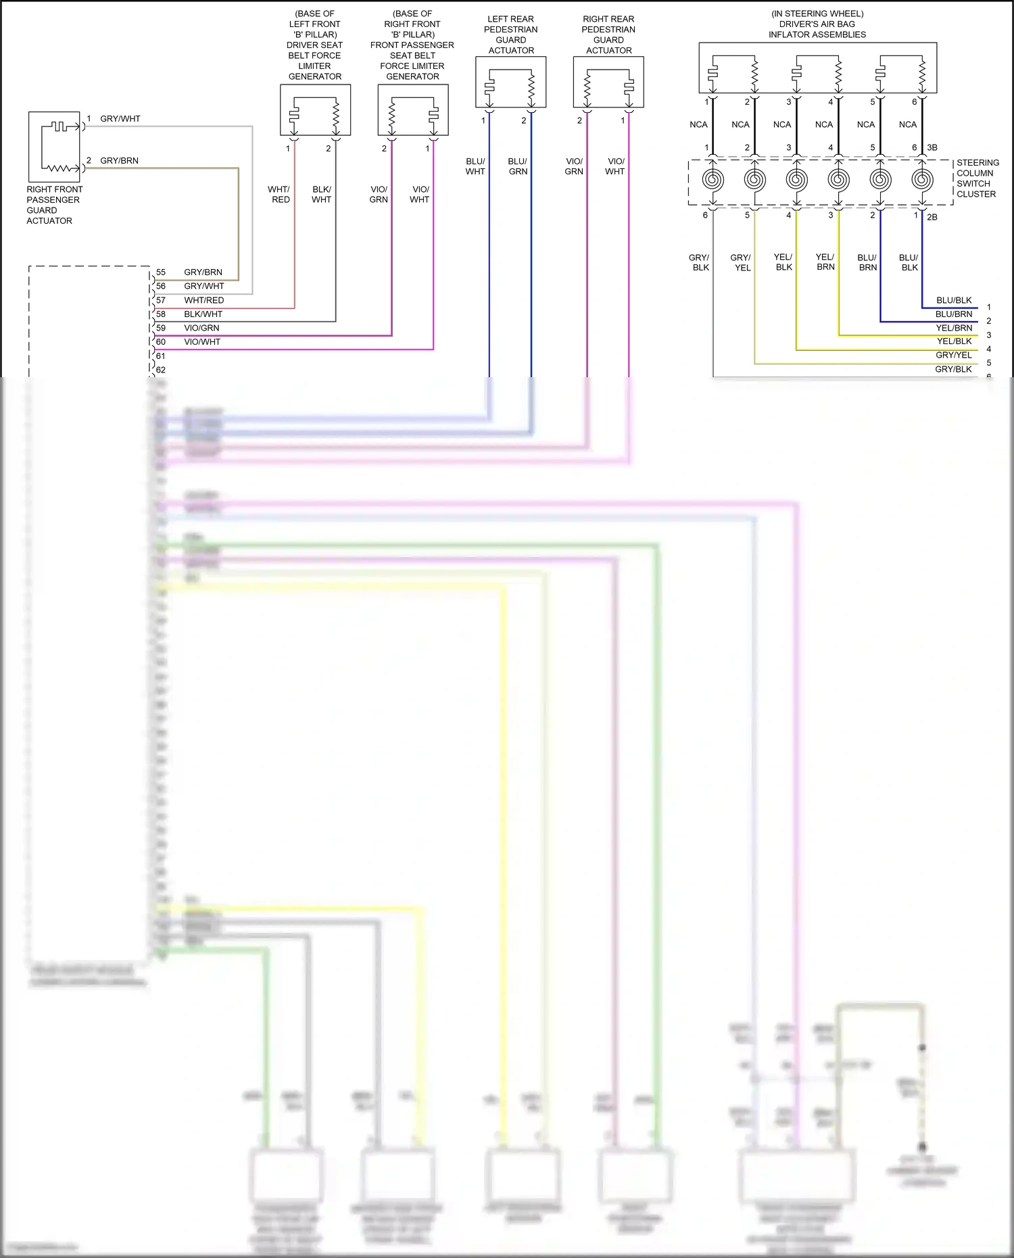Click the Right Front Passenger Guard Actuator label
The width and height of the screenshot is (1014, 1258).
click(x=54, y=205)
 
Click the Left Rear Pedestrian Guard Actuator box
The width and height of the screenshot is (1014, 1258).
click(x=510, y=82)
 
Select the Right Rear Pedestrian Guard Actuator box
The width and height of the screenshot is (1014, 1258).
click(x=608, y=82)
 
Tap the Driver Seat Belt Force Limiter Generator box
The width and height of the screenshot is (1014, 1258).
click(x=315, y=110)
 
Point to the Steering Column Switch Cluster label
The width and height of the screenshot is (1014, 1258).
click(x=977, y=178)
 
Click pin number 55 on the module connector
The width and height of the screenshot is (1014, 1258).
click(x=161, y=272)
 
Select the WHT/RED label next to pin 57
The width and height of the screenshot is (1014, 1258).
click(x=203, y=300)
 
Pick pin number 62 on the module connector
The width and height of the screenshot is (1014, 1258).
click(x=161, y=370)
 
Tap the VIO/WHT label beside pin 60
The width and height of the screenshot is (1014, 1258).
click(x=202, y=342)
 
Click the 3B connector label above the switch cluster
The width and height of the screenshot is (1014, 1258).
click(x=932, y=147)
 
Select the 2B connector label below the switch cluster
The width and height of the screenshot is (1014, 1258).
click(x=932, y=217)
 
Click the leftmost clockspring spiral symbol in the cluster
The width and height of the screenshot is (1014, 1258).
click(x=713, y=180)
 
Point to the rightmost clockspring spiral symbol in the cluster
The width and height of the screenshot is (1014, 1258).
click(x=922, y=180)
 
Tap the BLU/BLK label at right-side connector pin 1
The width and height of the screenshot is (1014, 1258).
click(x=954, y=300)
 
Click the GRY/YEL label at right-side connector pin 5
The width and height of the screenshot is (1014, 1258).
click(x=953, y=355)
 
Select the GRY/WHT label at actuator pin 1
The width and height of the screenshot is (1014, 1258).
click(x=120, y=119)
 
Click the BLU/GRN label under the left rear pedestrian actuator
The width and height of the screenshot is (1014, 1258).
click(x=518, y=166)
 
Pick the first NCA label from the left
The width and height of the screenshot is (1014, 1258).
click(x=698, y=124)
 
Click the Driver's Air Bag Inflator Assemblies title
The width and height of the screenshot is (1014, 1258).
click(x=817, y=24)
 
